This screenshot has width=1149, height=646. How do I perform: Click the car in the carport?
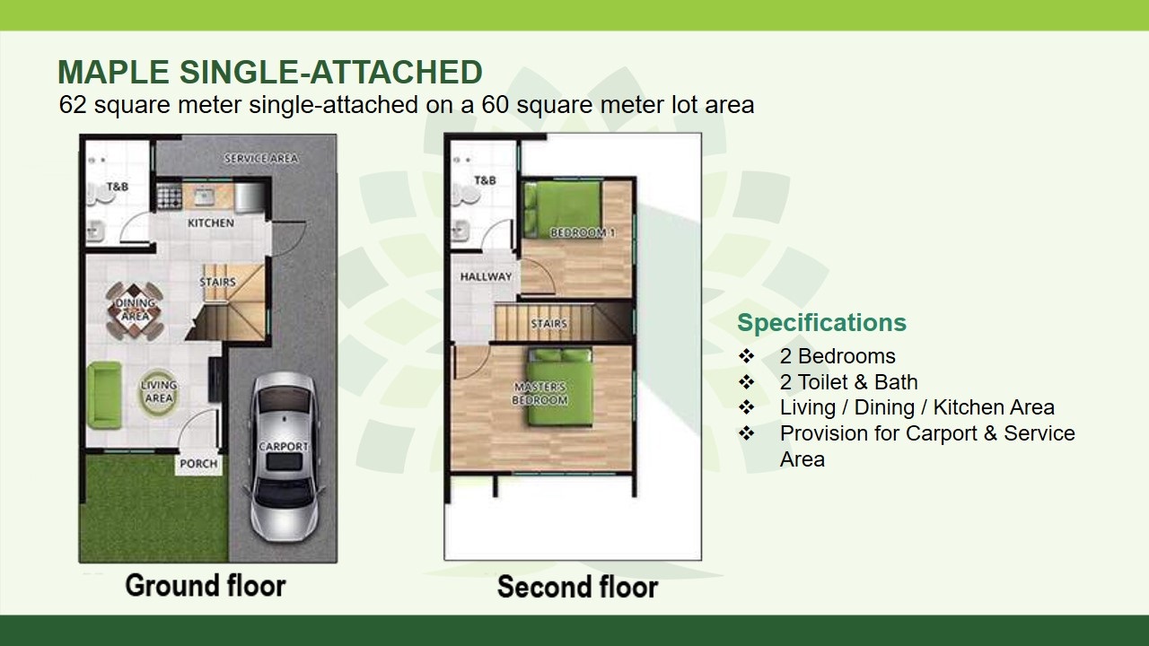283,457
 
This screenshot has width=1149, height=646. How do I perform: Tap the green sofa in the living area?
105,394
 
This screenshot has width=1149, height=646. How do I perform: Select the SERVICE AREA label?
261,159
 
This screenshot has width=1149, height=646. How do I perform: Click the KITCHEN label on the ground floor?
211,223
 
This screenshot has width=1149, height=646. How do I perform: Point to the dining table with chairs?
135,310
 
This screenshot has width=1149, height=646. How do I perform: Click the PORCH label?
198,464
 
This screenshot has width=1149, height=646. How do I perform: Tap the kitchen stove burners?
170,196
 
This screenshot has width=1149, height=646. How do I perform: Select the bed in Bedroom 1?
562,209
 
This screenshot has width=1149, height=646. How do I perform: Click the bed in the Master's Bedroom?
559,387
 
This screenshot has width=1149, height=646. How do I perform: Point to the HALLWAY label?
486,277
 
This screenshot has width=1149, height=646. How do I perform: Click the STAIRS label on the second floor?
548,324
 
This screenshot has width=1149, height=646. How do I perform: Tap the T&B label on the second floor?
485,180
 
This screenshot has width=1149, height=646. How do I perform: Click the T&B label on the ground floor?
118,187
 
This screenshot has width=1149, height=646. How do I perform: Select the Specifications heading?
821,322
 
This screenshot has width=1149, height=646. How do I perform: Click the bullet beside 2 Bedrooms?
746,356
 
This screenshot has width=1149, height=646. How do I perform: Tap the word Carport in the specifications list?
942,433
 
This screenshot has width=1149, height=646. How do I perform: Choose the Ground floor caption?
206,586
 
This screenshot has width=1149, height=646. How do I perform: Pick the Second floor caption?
577,587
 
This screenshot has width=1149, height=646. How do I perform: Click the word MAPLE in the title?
113,72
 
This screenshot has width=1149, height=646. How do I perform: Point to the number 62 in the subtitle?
72,105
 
